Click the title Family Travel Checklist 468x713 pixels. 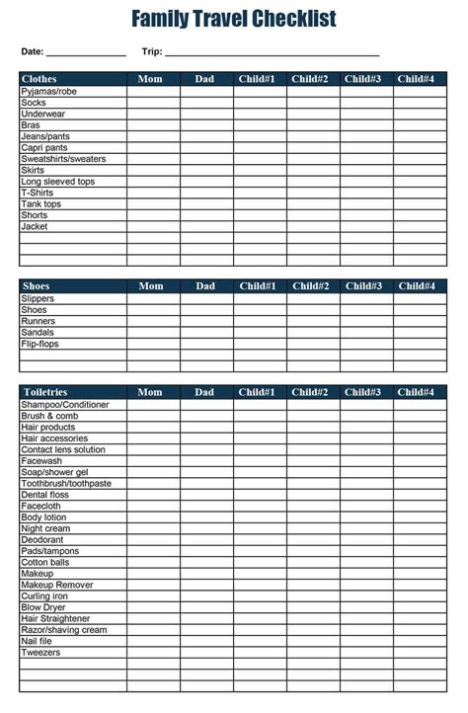click(234, 19)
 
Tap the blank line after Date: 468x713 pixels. click(86, 51)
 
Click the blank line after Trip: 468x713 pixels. click(273, 51)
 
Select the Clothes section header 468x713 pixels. click(39, 79)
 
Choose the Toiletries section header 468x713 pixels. click(44, 392)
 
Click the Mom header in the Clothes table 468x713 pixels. click(151, 79)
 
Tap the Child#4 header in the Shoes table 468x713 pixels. click(416, 286)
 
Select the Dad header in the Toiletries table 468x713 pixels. click(204, 392)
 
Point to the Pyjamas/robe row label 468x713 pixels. click(48, 91)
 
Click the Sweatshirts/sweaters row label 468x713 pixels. click(63, 159)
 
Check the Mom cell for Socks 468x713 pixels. click(153, 103)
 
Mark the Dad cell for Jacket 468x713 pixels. click(206, 227)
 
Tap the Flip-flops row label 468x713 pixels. click(39, 344)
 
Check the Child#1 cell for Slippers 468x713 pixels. click(261, 298)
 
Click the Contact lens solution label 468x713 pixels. click(63, 449)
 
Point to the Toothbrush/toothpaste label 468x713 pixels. click(66, 483)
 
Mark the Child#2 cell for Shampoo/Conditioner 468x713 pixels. click(313, 404)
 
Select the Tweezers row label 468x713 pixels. click(40, 653)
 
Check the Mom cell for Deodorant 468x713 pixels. click(153, 540)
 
